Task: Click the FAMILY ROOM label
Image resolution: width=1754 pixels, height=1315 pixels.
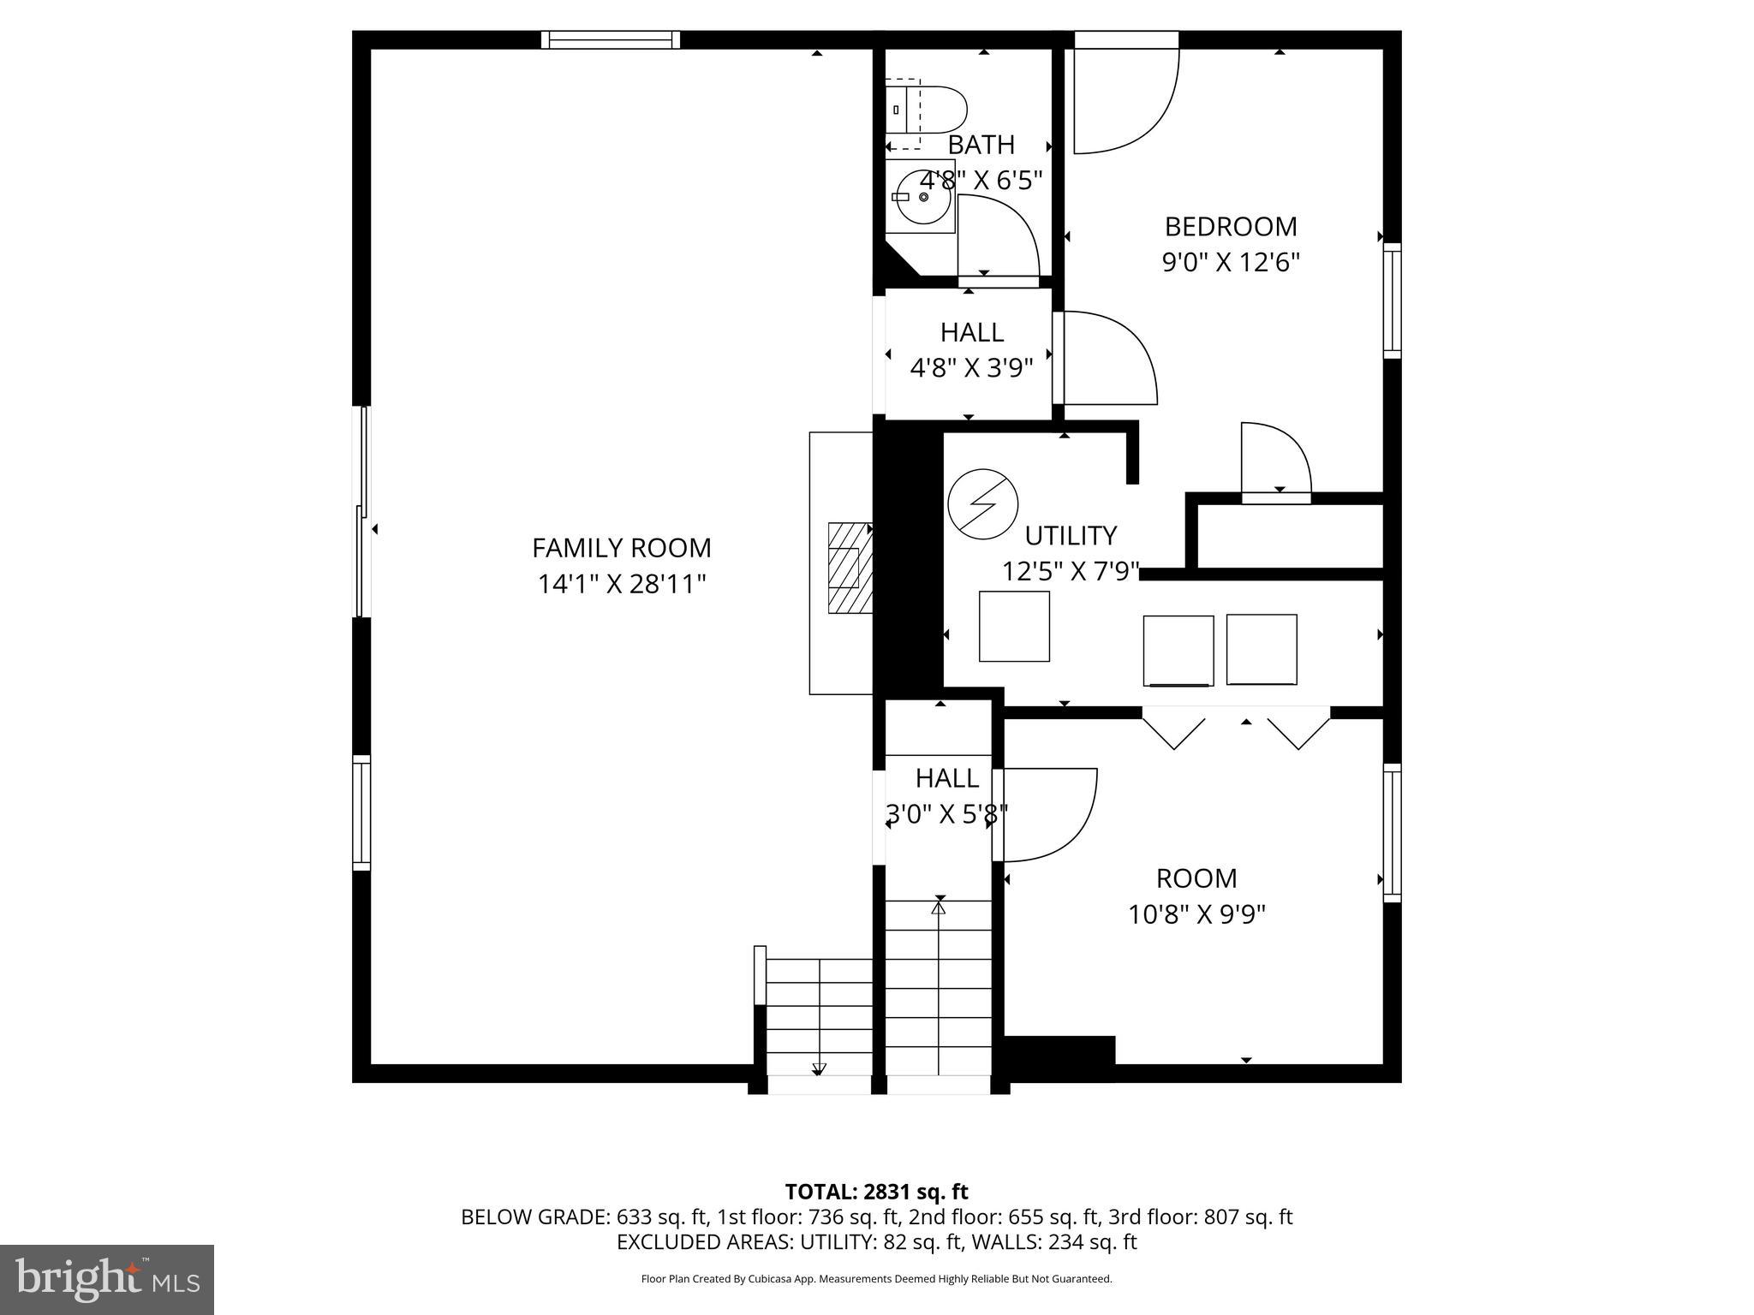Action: coord(621,548)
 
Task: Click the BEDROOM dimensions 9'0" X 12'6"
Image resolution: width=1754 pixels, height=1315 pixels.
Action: coord(1231,262)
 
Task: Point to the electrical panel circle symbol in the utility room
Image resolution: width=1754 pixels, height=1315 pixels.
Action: coord(983,504)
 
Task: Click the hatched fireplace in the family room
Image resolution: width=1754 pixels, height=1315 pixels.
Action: coord(850,568)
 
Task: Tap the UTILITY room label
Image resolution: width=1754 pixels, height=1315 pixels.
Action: coord(1071,536)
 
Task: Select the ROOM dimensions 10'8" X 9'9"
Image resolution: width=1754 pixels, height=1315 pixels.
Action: coord(1196,915)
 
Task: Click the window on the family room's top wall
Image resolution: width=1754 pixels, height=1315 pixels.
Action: coord(611,39)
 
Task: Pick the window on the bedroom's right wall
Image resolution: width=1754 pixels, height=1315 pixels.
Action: coord(1392,300)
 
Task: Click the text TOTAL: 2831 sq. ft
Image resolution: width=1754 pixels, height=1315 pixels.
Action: coord(876,1192)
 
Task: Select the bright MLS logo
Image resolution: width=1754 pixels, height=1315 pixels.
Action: coord(107,1279)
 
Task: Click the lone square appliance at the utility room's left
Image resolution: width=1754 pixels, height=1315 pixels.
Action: coord(1014,626)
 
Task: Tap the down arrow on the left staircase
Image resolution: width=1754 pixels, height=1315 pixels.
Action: coord(818,1068)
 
